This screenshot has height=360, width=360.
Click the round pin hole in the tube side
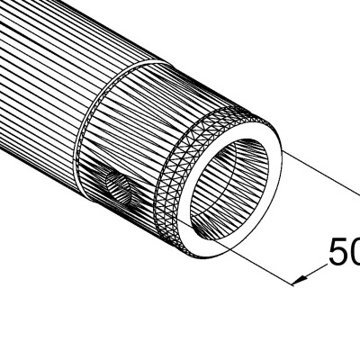[117, 189]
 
